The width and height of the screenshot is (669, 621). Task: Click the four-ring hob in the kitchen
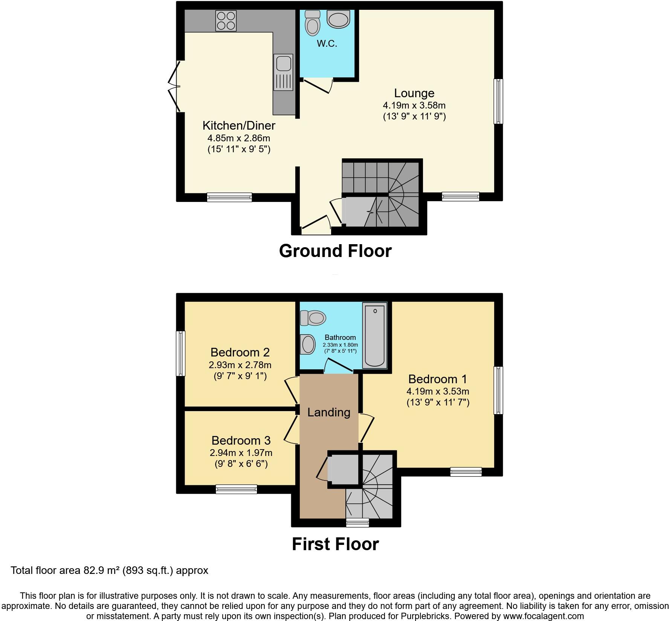(x=226, y=20)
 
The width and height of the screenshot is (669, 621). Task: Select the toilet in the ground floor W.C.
(x=312, y=23)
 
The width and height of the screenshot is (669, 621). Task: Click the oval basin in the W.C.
(x=338, y=19)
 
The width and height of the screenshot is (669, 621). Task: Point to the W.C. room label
(x=327, y=44)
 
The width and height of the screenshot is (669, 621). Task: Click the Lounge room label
(x=414, y=93)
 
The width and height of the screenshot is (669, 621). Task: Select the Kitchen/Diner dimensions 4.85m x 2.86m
(x=239, y=138)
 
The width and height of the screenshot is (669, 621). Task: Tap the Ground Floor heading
(x=335, y=251)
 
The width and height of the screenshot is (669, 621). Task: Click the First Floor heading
(x=335, y=544)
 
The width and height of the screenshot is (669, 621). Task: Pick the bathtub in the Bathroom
(x=374, y=335)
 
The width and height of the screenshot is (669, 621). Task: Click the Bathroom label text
(x=340, y=338)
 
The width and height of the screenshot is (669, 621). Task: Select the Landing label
(x=328, y=412)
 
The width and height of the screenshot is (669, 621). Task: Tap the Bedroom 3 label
(x=241, y=440)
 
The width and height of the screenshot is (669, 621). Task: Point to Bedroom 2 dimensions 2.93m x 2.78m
(x=240, y=365)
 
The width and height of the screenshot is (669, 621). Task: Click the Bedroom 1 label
(x=437, y=379)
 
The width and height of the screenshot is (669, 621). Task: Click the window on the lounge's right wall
(x=498, y=101)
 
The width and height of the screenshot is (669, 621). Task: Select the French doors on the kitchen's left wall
(x=174, y=87)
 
